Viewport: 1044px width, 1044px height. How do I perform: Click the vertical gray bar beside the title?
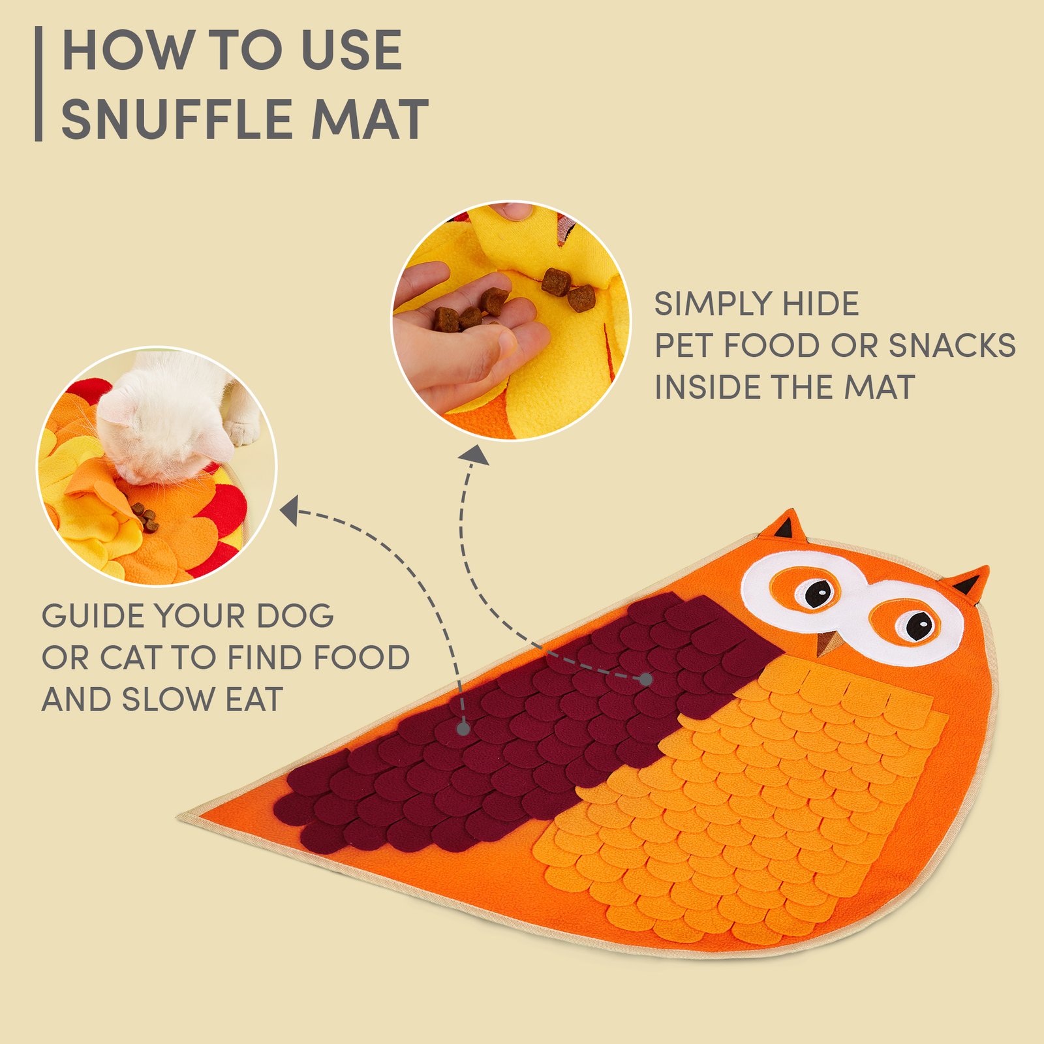pos(38,84)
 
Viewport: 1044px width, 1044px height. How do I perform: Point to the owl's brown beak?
pos(827,643)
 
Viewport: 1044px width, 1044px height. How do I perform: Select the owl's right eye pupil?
pos(919,626)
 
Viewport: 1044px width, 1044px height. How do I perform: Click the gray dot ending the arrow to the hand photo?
pos(646,679)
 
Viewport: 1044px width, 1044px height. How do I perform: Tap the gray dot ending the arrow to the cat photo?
pos(463,729)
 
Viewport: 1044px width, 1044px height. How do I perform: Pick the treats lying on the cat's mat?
pos(145,517)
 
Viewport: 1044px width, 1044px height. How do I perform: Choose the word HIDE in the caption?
pos(821,304)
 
